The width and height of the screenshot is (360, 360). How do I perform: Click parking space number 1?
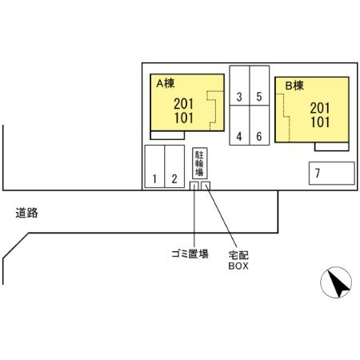point(154,166)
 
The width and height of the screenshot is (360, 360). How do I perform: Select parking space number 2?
point(174,166)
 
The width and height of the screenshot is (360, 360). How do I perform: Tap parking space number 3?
point(239,86)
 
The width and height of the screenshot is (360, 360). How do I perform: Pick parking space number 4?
point(239,126)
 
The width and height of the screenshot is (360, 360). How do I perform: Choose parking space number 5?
point(259,86)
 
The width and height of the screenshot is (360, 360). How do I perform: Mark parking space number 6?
point(259,126)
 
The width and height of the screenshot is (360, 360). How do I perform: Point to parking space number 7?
point(332,174)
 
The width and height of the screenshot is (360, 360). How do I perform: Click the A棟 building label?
point(166,83)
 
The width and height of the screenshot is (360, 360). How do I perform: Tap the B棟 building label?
point(294,86)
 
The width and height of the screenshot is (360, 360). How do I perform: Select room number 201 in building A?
point(183,104)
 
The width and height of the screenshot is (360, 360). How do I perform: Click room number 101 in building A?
point(183,118)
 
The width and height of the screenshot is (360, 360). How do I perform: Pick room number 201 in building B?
point(320,108)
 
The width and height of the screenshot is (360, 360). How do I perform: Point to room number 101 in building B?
point(320,122)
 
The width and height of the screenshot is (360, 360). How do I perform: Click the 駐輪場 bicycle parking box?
point(200,163)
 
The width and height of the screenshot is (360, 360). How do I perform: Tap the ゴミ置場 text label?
point(190,254)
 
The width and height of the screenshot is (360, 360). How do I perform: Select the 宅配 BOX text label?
point(238,260)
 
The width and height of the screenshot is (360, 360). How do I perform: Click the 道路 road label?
point(26,213)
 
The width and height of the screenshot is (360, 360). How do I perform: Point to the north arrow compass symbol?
point(336,282)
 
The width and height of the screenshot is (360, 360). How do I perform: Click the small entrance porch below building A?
point(167,135)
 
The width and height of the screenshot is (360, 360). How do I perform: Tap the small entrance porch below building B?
point(332,146)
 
